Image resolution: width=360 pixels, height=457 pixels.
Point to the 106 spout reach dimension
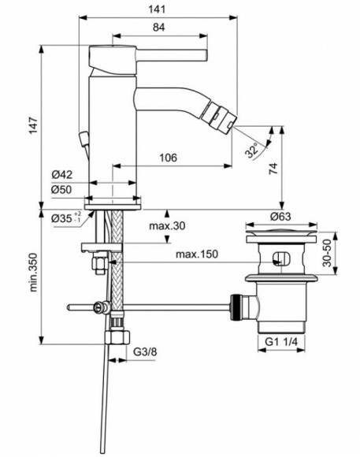(x=165, y=158)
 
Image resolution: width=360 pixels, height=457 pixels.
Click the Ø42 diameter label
(x=63, y=175)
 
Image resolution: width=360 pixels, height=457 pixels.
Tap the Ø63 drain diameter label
(x=281, y=215)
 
